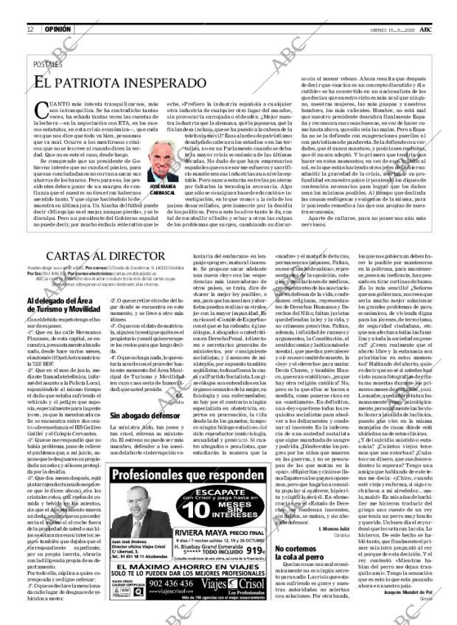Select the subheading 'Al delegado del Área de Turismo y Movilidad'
tap(63, 305)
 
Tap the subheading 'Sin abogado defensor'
tap(140, 415)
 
